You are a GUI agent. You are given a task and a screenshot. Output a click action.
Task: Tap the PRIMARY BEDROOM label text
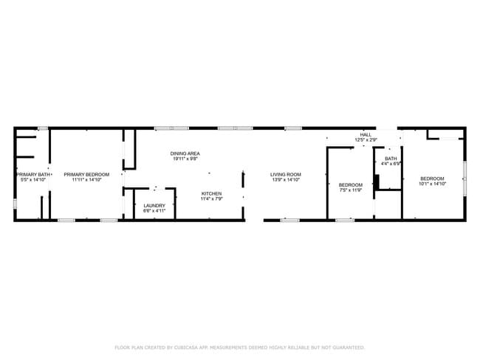86,174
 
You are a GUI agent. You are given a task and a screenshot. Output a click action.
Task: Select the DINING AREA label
185,153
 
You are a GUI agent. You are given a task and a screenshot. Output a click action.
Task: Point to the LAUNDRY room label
154,205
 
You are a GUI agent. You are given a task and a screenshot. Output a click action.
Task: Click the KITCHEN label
212,193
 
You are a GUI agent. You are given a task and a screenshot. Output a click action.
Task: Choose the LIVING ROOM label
287,174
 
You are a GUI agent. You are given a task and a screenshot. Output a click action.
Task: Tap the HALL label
366,135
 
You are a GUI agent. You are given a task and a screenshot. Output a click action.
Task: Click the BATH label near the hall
390,158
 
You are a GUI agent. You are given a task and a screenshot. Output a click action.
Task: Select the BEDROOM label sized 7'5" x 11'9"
351,184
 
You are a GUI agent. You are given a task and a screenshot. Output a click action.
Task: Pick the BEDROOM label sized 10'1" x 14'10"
432,178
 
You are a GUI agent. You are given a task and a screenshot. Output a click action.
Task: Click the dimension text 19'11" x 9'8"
185,159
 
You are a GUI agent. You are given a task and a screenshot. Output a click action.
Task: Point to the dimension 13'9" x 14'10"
287,179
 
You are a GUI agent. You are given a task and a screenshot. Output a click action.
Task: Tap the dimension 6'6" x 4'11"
154,210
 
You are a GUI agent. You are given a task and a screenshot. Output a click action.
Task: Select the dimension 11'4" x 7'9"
212,198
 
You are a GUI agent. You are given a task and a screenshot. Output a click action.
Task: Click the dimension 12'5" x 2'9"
366,140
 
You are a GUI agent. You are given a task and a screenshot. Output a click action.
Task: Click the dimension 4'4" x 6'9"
390,163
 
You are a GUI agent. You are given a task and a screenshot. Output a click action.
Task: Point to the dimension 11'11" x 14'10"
86,179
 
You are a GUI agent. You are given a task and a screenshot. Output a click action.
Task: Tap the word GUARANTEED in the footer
345,347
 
